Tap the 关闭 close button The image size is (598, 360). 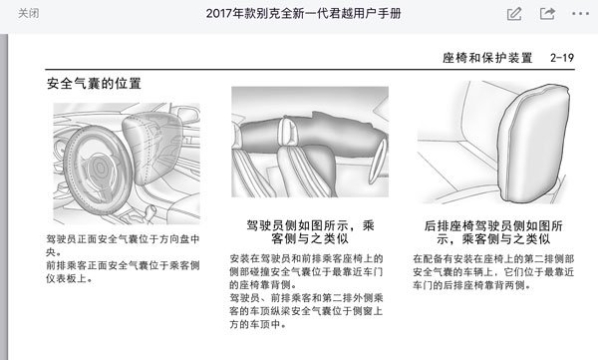pyautogui.click(x=28, y=13)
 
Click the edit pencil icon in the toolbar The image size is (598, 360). pyautogui.click(x=514, y=14)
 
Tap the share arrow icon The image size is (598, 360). pyautogui.click(x=547, y=14)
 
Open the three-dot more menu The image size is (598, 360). pyautogui.click(x=580, y=14)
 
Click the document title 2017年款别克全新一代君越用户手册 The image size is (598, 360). pyautogui.click(x=303, y=13)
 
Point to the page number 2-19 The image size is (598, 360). pyautogui.click(x=562, y=58)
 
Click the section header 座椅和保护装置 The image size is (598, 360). pyautogui.click(x=487, y=58)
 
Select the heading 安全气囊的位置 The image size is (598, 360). pyautogui.click(x=94, y=83)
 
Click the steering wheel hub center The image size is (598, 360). pyautogui.click(x=100, y=168)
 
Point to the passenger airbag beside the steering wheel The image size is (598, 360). pyautogui.click(x=152, y=147)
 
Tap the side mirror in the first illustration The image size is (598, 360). pyautogui.click(x=187, y=114)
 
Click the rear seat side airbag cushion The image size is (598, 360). pyautogui.click(x=533, y=144)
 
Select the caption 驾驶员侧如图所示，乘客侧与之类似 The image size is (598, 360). pyautogui.click(x=310, y=232)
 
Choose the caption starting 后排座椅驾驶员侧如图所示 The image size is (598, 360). pyautogui.click(x=493, y=232)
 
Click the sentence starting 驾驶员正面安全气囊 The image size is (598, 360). pyautogui.click(x=123, y=245)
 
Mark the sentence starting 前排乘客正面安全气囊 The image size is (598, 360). pyautogui.click(x=123, y=272)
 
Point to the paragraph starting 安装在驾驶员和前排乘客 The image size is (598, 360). pyautogui.click(x=306, y=271)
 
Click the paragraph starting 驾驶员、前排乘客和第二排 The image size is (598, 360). pyautogui.click(x=306, y=311)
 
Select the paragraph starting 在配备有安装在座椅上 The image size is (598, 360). pyautogui.click(x=493, y=272)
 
